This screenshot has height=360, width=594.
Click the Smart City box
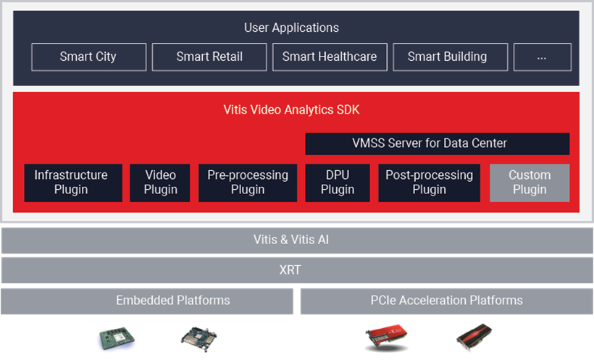pyautogui.click(x=88, y=57)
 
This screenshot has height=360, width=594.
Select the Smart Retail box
pyautogui.click(x=209, y=57)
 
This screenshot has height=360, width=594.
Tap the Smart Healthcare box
pyautogui.click(x=330, y=57)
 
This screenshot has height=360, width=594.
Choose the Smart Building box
pyautogui.click(x=450, y=57)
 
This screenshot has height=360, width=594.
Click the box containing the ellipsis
pyautogui.click(x=542, y=57)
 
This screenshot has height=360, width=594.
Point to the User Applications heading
pyautogui.click(x=291, y=28)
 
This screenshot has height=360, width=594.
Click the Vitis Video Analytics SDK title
pyautogui.click(x=291, y=109)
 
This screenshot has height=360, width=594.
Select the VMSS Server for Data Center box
pyautogui.click(x=437, y=143)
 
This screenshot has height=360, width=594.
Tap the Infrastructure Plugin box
pyautogui.click(x=73, y=183)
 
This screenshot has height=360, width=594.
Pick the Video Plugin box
pyautogui.click(x=160, y=183)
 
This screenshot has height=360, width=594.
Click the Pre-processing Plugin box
pyautogui.click(x=248, y=183)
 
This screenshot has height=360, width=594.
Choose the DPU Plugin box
pyautogui.click(x=338, y=183)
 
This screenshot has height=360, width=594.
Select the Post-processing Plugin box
pyautogui.click(x=430, y=183)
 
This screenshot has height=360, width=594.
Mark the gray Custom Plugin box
pyautogui.click(x=530, y=183)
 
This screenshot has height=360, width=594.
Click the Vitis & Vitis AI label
pyautogui.click(x=291, y=240)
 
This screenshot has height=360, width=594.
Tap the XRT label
pyautogui.click(x=290, y=269)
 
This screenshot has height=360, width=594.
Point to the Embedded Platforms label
pyautogui.click(x=172, y=300)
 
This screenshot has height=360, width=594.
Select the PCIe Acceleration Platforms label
pyautogui.click(x=447, y=300)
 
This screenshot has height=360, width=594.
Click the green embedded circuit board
pyautogui.click(x=117, y=338)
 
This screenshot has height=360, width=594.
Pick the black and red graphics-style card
pyautogui.click(x=474, y=337)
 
